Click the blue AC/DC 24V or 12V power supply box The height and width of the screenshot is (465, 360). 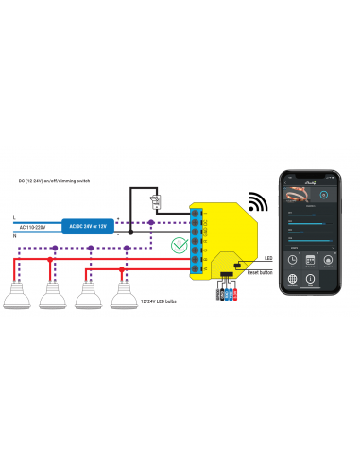[x=86, y=227]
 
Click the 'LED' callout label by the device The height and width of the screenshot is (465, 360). [x=268, y=257]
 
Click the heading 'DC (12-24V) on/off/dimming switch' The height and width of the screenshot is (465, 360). [x=54, y=179]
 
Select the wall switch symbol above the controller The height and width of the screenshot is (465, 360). [x=156, y=201]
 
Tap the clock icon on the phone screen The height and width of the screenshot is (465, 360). [x=294, y=260]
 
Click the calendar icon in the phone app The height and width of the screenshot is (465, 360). [x=311, y=260]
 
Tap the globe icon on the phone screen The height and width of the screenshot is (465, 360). [x=294, y=280]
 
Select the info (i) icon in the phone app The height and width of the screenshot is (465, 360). [x=311, y=280]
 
